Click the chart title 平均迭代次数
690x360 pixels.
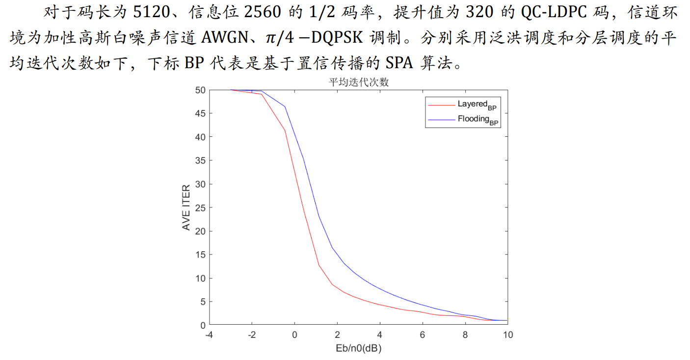coord(358,83)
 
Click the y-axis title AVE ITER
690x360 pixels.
coord(186,207)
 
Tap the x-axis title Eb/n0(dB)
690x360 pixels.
coord(358,349)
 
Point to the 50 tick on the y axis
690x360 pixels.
coord(199,90)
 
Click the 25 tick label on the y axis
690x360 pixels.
coord(199,207)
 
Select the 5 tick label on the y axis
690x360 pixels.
coord(202,302)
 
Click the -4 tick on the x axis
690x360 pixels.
coord(209,334)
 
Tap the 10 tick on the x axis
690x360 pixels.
coord(507,334)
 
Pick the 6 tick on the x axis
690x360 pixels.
coord(422,334)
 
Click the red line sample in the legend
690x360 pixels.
coord(441,104)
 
